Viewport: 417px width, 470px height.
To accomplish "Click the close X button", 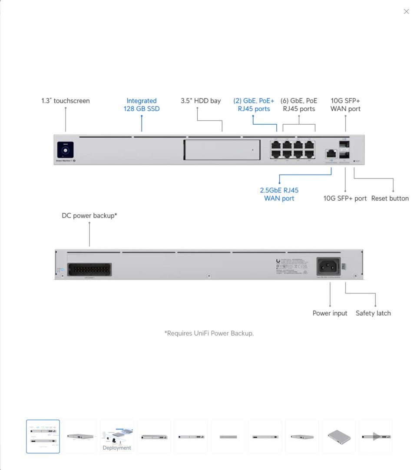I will (406, 12).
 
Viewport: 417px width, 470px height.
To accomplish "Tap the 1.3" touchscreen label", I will (66, 101).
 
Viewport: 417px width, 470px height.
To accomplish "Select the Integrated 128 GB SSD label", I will (142, 105).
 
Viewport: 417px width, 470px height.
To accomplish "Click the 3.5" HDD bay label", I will (201, 101).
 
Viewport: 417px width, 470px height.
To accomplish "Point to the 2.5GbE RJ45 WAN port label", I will (279, 194).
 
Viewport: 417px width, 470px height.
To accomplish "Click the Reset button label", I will (390, 199).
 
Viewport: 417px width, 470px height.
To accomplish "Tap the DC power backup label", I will (89, 215).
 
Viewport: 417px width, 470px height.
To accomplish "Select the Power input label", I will (330, 313).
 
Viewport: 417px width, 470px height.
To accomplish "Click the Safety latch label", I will (373, 313).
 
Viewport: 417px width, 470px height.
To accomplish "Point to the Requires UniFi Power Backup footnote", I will (209, 333).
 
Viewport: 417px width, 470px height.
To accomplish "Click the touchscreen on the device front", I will (65, 150).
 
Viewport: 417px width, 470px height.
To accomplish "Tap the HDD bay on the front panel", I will (222, 150).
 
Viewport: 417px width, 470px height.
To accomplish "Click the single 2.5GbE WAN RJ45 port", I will (331, 153).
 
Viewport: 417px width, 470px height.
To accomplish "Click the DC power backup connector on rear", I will (89, 270).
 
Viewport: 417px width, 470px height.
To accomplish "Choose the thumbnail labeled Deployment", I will (117, 437).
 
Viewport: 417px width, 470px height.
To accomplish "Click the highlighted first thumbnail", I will (43, 437).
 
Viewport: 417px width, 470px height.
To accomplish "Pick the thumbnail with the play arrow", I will (376, 437).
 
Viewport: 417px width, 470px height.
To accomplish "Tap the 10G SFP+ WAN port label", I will (345, 105).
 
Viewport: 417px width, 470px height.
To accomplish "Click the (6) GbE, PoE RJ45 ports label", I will (299, 105).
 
